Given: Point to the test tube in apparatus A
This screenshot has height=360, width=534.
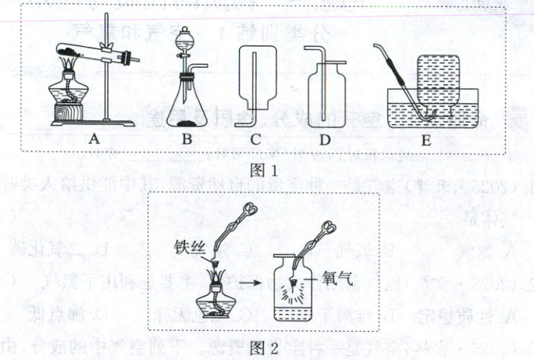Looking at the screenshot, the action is pos(101,55).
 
